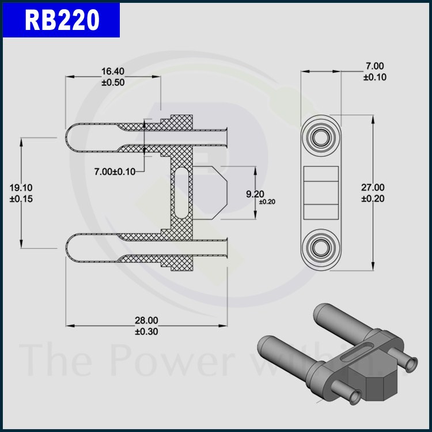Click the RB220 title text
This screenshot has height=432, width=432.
(62, 20)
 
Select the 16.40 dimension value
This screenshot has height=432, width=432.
(113, 71)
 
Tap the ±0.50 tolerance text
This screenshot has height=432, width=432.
(113, 82)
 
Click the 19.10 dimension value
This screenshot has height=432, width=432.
(21, 188)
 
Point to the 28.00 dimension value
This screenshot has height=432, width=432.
(146, 320)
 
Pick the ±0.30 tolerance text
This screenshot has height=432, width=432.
(146, 331)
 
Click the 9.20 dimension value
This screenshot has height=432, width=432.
(255, 194)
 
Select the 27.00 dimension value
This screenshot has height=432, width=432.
(373, 187)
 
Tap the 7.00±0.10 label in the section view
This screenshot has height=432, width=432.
(115, 172)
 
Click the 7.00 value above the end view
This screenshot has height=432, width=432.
(375, 66)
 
